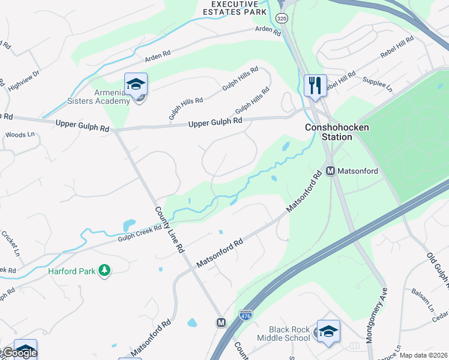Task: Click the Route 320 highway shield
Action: click(x=282, y=19)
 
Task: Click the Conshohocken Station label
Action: click(x=328, y=132)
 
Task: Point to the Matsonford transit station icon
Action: click(x=330, y=171)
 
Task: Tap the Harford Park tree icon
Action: click(x=104, y=271)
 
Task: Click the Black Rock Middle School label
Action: click(x=290, y=334)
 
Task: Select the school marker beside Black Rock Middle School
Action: click(x=328, y=332)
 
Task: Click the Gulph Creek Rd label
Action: click(x=140, y=233)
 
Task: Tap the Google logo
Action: click(x=19, y=353)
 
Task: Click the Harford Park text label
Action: click(x=71, y=271)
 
